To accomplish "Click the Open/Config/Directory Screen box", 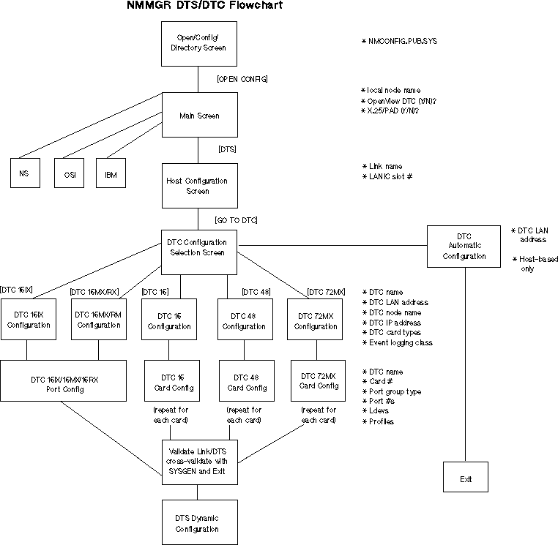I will [x=198, y=43].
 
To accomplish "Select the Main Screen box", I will [x=198, y=116].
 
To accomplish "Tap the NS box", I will [x=25, y=176].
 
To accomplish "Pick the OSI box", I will [x=70, y=176].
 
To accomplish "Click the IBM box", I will [x=111, y=176].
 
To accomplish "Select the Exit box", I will [x=466, y=479].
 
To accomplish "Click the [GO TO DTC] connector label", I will [x=236, y=219].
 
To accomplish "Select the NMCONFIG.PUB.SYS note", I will [x=402, y=41].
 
